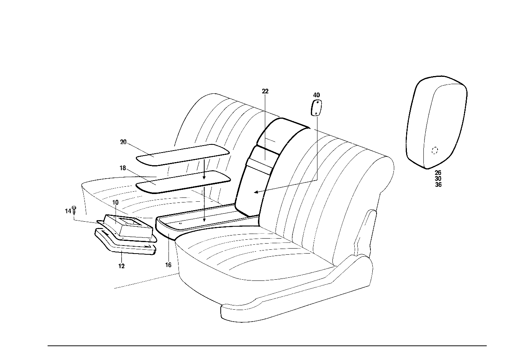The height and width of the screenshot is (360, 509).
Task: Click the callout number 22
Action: click(265, 91)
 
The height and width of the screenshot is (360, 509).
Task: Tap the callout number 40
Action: click(316, 95)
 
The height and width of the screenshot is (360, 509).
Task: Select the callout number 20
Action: click(123, 142)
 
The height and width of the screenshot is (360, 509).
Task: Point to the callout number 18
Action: click(123, 168)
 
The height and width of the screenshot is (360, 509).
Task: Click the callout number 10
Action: click(115, 202)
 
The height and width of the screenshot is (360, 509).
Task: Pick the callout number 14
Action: click(68, 211)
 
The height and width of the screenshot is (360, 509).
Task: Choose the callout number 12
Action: click(122, 266)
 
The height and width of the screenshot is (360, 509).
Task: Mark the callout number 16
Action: click(168, 265)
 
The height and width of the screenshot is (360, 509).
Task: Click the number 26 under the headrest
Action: click(438, 173)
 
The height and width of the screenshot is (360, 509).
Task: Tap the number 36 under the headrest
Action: click(438, 185)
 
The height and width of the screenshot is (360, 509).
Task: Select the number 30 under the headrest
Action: click(438, 179)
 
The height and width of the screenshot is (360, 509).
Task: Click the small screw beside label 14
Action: click(74, 211)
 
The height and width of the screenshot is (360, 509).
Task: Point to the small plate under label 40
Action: click(316, 108)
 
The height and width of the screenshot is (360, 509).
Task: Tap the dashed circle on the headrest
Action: click(435, 150)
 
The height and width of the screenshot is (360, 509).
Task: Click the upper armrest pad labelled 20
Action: click(183, 155)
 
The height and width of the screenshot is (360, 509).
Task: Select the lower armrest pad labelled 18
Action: click(183, 182)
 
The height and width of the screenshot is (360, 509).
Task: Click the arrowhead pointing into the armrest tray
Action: click(204, 220)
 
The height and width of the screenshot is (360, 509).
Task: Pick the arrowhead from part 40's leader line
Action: click(256, 192)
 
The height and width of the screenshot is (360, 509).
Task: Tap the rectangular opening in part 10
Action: click(129, 221)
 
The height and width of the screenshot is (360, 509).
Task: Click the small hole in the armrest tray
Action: click(181, 223)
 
